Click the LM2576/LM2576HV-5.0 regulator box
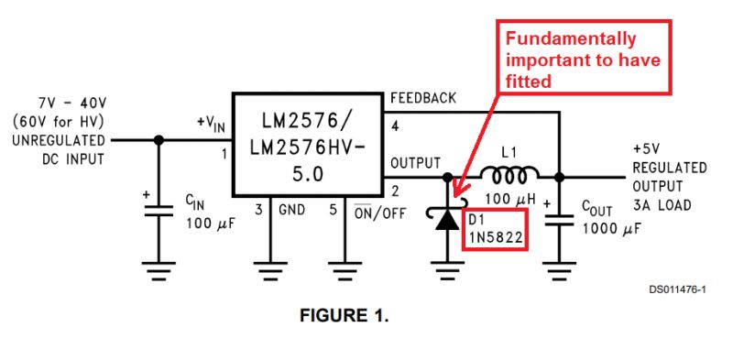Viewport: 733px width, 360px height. pos(307,144)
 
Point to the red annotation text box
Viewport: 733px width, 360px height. pos(583,59)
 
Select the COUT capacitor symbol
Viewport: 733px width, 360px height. pos(556,219)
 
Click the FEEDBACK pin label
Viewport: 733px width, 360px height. pos(424,98)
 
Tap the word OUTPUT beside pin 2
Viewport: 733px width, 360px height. pos(415,162)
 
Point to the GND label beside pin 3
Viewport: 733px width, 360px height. pos(292,210)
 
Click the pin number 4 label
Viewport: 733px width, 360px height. pos(395,124)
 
